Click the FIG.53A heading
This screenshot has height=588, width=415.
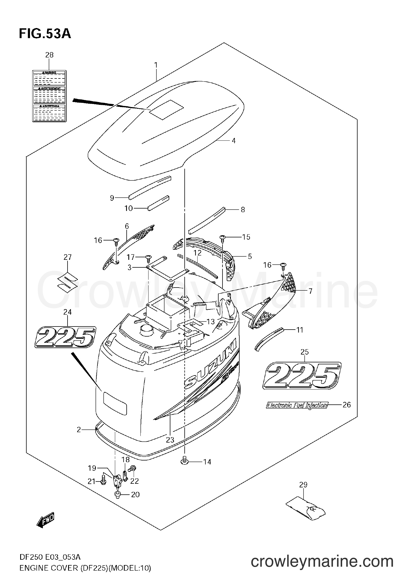click(x=45, y=34)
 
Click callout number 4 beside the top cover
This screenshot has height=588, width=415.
click(x=234, y=141)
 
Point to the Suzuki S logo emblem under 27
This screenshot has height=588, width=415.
click(x=67, y=283)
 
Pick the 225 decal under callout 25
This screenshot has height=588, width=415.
click(x=302, y=376)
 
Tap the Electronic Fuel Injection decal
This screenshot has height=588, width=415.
click(x=296, y=405)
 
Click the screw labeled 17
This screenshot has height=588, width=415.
click(x=148, y=257)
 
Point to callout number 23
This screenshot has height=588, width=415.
click(x=170, y=440)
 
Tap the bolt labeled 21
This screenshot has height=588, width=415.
click(x=103, y=481)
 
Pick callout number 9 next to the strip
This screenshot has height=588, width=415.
click(x=112, y=198)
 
